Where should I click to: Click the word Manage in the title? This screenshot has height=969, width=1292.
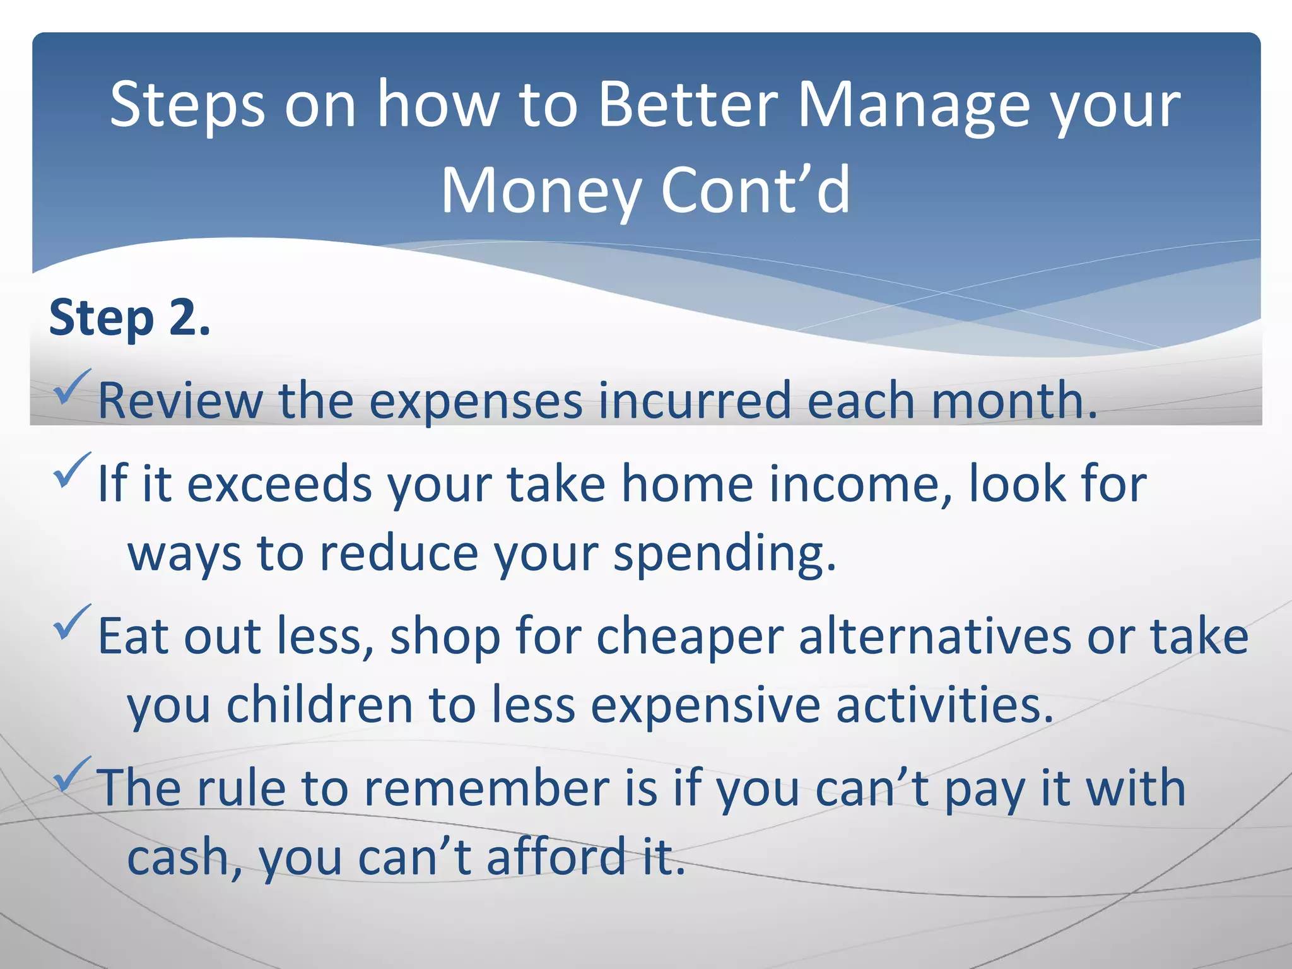pos(913,105)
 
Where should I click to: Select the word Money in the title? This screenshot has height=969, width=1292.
pos(540,191)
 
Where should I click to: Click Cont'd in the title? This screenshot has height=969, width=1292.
pos(756,191)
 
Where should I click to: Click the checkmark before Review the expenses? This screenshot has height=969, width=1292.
pos(73,387)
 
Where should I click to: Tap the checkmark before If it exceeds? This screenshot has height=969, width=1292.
pos(73,471)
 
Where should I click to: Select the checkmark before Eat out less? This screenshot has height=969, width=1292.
pos(73,622)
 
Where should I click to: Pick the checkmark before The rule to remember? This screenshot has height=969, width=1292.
pos(73,775)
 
